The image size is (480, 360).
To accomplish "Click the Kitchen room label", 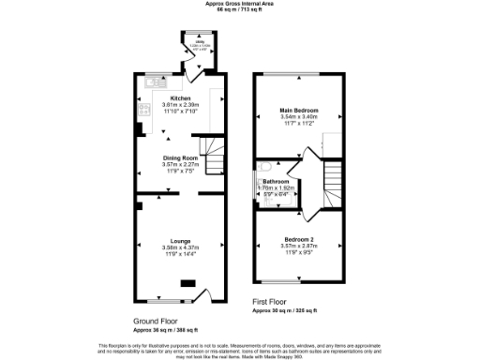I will coord(181,97).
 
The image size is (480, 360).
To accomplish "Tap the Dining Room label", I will coord(180,157).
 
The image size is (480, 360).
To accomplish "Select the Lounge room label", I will coord(180,240).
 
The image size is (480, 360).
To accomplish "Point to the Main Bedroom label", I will coord(300,111).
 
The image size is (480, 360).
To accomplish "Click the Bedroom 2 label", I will coord(300,240).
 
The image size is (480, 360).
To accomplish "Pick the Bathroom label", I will coord(276,181).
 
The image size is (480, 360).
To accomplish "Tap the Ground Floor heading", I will coord(156,321).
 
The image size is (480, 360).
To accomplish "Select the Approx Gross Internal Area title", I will coord(240,4).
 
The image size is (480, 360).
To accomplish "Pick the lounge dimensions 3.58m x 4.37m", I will coord(180,247).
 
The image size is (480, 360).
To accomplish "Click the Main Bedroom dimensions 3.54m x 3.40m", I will coord(300,117).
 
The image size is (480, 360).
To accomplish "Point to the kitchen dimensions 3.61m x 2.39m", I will coord(181,104).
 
